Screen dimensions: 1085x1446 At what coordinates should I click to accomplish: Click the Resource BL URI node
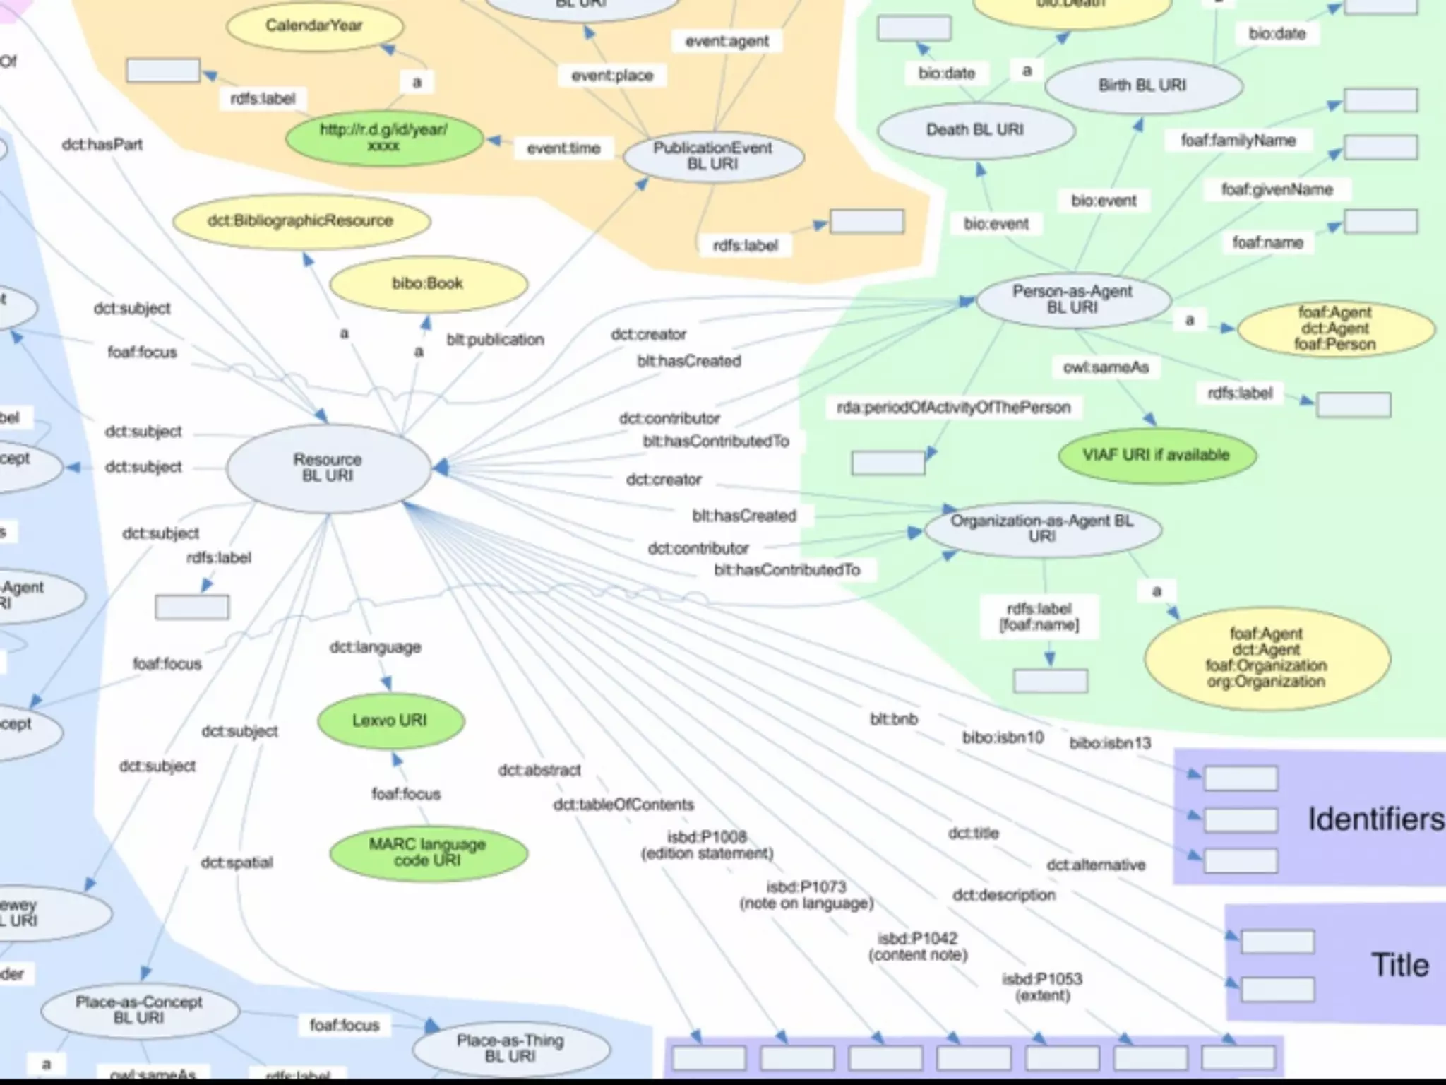click(328, 468)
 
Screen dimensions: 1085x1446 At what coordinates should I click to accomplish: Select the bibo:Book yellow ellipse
click(428, 283)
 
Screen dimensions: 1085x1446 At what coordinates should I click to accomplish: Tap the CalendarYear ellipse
click(314, 26)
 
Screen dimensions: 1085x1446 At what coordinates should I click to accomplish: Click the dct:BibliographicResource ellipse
click(301, 221)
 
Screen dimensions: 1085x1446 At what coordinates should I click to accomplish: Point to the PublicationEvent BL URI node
click(713, 156)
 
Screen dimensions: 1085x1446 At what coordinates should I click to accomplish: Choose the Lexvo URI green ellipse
click(390, 721)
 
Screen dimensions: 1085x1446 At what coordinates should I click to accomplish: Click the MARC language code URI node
click(428, 853)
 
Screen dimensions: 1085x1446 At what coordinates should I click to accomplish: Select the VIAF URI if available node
click(1157, 455)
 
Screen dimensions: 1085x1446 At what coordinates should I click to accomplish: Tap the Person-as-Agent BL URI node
click(1072, 300)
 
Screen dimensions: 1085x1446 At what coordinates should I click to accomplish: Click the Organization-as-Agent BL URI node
click(1042, 528)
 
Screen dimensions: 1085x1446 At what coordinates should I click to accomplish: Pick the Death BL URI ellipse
click(975, 130)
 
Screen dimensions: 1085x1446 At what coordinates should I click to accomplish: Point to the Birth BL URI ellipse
click(1142, 85)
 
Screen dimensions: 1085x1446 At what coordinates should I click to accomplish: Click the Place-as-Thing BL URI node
click(510, 1049)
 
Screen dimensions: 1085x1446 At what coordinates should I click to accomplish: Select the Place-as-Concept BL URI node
click(139, 1010)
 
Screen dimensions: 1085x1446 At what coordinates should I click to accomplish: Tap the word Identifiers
click(1375, 819)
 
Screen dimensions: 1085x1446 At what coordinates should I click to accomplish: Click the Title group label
click(1400, 965)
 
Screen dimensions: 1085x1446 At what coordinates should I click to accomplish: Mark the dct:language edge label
click(376, 647)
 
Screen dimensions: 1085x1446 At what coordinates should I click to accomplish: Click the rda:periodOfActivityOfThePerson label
click(954, 408)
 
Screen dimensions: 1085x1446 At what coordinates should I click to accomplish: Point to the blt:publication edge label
click(495, 340)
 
